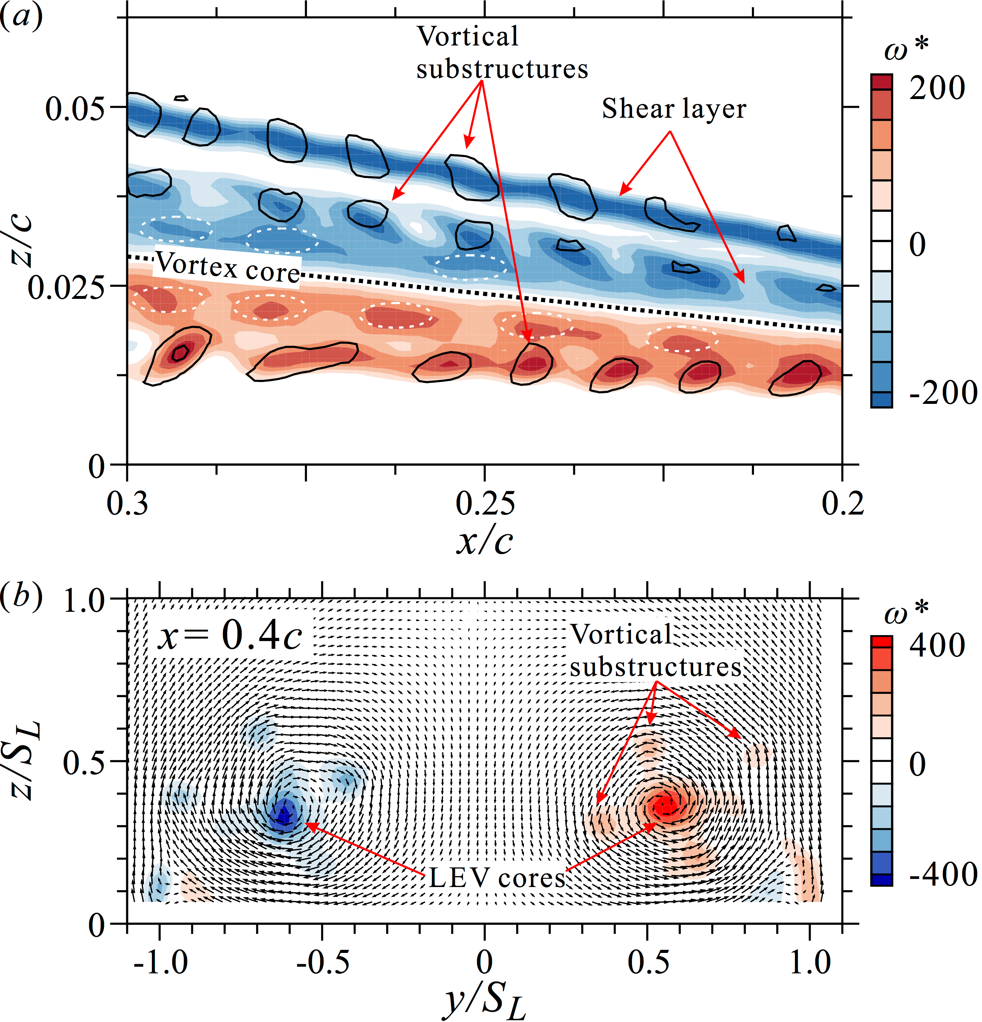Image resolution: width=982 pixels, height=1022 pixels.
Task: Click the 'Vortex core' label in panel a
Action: coord(228,267)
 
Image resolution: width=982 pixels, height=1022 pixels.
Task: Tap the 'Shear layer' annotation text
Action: coord(674,109)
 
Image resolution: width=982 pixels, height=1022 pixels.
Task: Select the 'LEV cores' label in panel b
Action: coord(497,878)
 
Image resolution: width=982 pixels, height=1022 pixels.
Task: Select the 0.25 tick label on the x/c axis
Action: coord(485,503)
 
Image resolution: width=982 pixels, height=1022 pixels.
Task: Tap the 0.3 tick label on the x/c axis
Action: coord(127,503)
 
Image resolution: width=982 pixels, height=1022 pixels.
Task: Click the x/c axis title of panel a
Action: coord(485,541)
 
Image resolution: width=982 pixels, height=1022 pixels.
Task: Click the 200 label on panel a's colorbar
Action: coord(937,88)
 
